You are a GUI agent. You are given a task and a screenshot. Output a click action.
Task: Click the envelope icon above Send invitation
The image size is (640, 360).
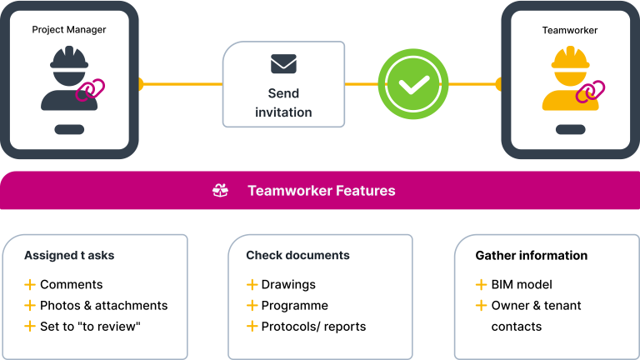[x=283, y=63]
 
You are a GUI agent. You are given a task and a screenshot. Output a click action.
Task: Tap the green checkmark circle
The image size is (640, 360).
[x=413, y=84]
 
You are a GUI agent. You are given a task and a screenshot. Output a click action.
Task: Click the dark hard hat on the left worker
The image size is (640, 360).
[x=69, y=59]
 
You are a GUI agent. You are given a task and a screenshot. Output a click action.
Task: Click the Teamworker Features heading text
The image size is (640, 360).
[x=321, y=191]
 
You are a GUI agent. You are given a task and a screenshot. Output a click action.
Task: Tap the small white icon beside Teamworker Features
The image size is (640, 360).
[x=220, y=191]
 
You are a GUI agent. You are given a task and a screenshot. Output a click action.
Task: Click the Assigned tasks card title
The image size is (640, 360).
[x=69, y=256]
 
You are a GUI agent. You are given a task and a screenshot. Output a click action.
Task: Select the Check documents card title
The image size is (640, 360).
[x=297, y=256]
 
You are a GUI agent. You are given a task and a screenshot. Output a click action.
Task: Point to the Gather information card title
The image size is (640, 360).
[x=531, y=256]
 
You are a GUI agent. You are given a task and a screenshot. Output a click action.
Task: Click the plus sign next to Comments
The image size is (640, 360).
[x=30, y=284]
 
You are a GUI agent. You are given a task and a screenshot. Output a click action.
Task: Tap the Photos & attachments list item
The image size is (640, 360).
[x=103, y=305]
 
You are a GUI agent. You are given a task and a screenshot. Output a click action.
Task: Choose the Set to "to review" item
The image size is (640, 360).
[x=90, y=326]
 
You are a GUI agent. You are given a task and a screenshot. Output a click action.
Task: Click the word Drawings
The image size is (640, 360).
[x=288, y=284]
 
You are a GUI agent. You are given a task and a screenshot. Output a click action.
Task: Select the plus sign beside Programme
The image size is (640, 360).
[x=252, y=305]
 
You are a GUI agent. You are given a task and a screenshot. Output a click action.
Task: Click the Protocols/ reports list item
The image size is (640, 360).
[x=313, y=326]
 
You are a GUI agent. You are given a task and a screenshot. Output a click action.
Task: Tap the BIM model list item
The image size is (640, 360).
[x=522, y=284]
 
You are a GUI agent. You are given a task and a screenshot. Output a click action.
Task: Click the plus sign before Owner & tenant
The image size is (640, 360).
[x=481, y=305]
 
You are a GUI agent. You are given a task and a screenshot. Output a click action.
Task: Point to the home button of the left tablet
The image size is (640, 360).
[x=69, y=129]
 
